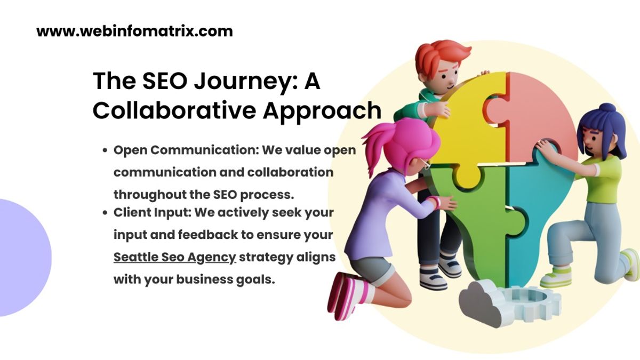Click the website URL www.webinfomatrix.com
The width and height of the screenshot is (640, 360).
(134, 31)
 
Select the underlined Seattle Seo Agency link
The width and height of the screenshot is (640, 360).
(174, 257)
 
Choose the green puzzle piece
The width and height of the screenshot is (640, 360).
(469, 213)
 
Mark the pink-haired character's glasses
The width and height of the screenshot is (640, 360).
(425, 163)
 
